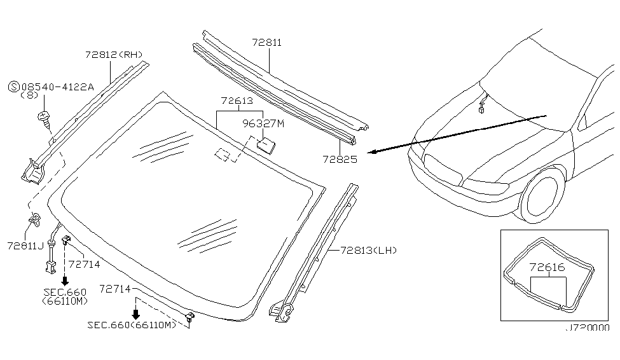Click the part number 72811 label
click(267, 43)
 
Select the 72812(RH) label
click(114, 55)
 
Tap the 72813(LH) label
click(369, 251)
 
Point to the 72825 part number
click(340, 159)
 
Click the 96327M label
click(263, 124)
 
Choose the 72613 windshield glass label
click(237, 100)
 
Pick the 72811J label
click(25, 246)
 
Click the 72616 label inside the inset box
click(548, 267)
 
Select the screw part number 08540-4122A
click(58, 87)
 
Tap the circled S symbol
click(14, 87)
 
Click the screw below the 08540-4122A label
click(45, 119)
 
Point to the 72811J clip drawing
click(35, 219)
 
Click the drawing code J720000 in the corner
click(588, 328)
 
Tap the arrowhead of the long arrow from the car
click(373, 151)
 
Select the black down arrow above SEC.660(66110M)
click(135, 314)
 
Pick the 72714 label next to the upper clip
click(84, 264)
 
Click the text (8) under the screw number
click(29, 95)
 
